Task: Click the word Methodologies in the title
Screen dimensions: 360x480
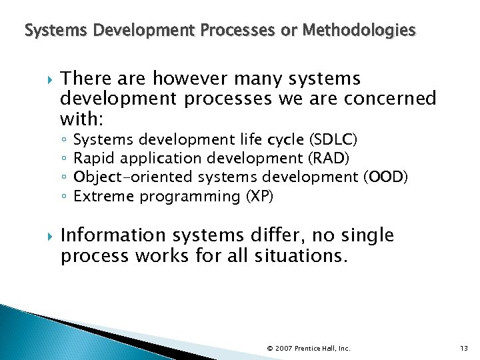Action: (x=359, y=30)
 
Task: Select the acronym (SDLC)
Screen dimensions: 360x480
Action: (x=333, y=139)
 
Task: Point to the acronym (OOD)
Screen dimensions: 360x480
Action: (x=386, y=177)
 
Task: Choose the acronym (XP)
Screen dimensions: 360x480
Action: (x=260, y=196)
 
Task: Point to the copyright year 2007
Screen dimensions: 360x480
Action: (x=284, y=349)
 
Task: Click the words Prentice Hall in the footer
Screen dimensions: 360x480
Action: (x=316, y=349)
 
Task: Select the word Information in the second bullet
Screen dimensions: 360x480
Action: (x=113, y=235)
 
